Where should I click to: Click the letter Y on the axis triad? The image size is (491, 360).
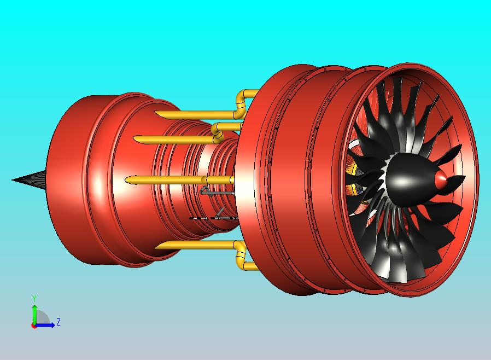(x=34, y=298)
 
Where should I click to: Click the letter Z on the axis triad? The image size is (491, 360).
(x=59, y=322)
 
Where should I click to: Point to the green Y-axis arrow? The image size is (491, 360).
(x=34, y=314)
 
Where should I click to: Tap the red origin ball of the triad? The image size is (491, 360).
(x=33, y=326)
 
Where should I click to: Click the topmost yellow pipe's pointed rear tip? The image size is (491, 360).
(x=156, y=113)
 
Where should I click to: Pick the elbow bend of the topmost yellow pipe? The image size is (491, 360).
(x=241, y=103)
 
